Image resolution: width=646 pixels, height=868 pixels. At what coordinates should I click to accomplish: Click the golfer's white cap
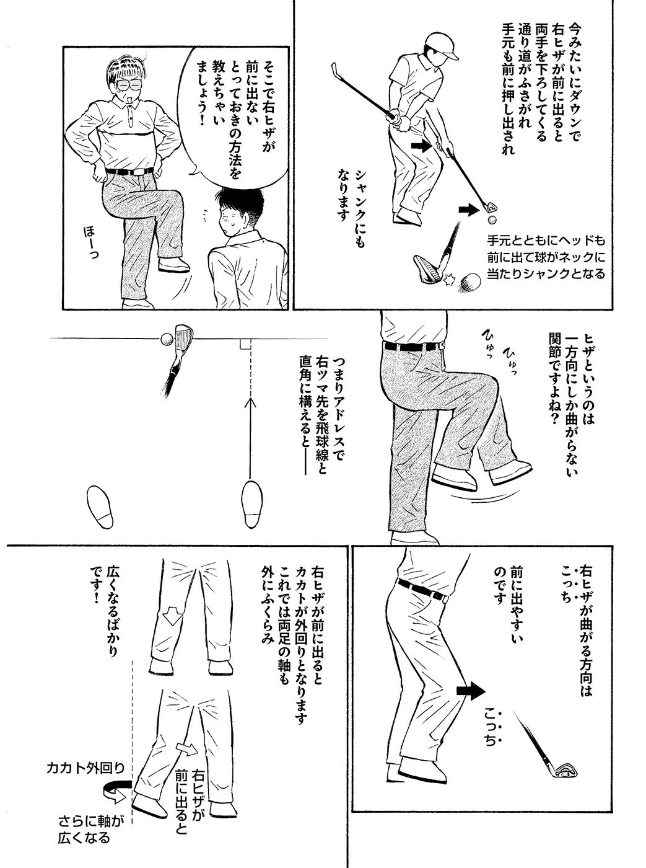441,44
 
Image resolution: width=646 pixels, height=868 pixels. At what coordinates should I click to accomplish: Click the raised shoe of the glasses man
173,265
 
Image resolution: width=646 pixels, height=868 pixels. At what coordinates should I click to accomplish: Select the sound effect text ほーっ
91,243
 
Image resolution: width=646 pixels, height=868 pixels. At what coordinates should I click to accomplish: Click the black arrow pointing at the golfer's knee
421,146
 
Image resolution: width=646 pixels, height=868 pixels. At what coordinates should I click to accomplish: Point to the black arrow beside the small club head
468,210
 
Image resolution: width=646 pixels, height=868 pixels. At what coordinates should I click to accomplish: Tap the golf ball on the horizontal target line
166,339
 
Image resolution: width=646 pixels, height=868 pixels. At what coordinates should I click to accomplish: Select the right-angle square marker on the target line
245,343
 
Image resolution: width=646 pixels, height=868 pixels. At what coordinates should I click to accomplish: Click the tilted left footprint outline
99,507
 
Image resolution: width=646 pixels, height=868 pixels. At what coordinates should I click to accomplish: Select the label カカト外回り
85,768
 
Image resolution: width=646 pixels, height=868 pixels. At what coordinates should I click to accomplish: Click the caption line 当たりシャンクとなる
546,273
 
